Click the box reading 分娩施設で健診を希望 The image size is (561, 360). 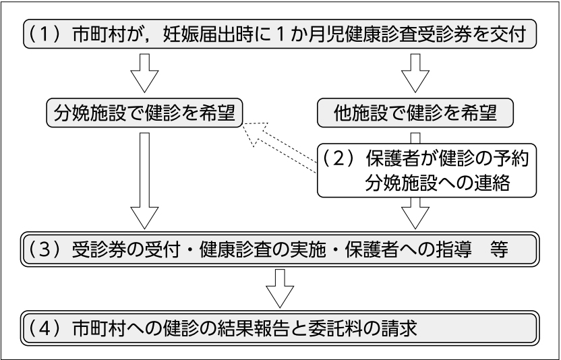tap(144, 113)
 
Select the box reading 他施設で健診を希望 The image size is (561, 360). tap(415, 113)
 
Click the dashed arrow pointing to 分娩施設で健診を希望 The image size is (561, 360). tap(279, 147)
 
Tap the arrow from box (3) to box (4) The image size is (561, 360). tap(280, 288)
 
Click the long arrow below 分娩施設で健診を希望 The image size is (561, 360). tap(144, 181)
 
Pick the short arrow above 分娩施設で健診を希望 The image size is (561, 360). tap(144, 73)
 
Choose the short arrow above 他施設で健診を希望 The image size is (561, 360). tap(415, 73)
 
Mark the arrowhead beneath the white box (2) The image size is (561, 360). tap(415, 214)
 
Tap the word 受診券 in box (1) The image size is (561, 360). tap(452, 34)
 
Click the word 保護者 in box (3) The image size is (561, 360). tap(372, 249)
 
